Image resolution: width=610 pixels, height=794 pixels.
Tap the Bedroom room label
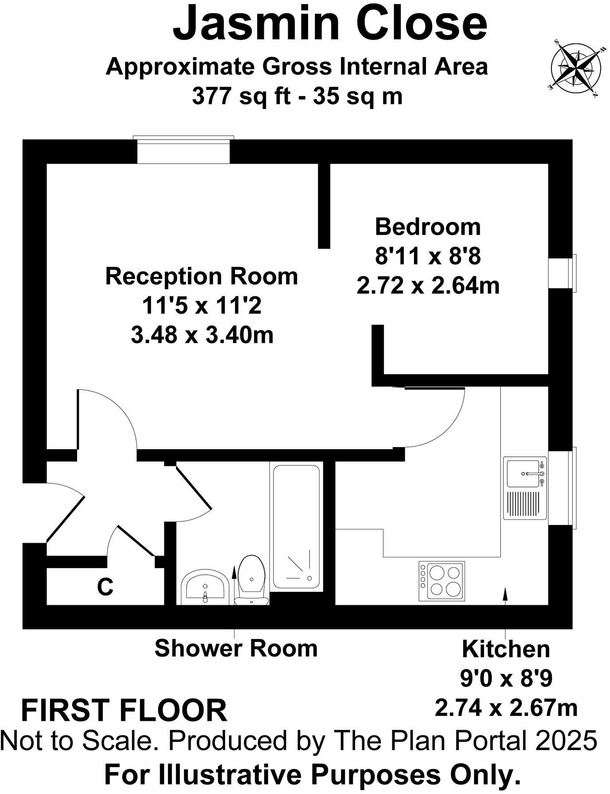[428, 227]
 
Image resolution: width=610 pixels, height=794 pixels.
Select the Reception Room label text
[202, 276]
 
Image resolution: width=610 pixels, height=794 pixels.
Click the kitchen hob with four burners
[442, 581]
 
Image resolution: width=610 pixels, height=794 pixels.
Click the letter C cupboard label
[105, 587]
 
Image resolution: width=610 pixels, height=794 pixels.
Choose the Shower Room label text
[236, 648]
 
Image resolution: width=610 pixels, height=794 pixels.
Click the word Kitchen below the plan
[506, 650]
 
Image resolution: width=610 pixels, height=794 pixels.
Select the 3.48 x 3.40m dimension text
[202, 335]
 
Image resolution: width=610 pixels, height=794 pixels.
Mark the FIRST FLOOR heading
[124, 710]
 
